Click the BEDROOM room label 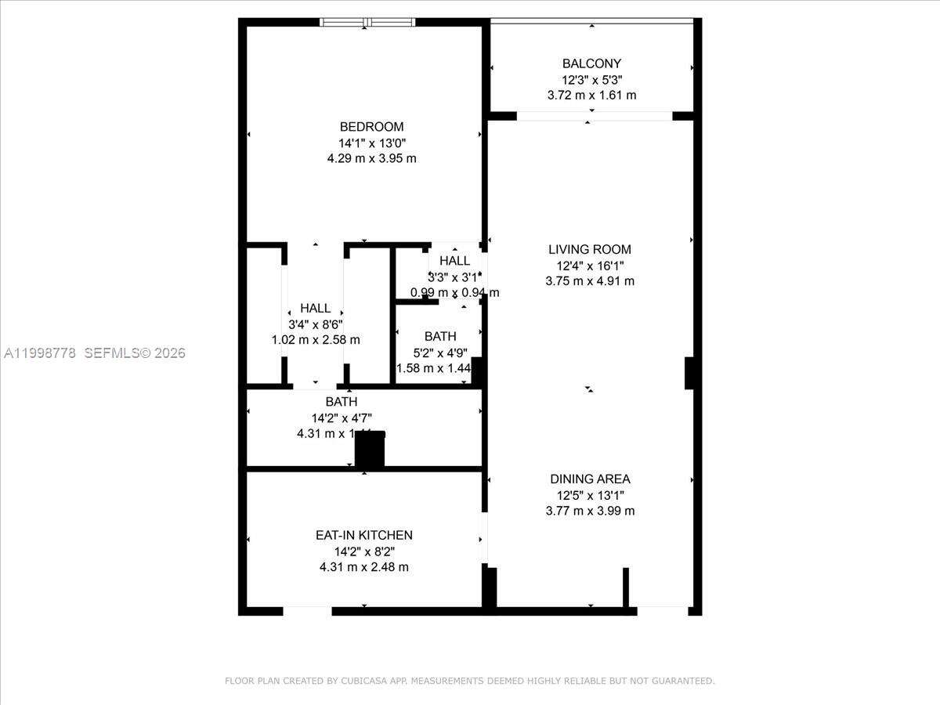pyautogui.click(x=371, y=127)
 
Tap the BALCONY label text pyautogui.click(x=591, y=63)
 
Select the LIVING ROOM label pyautogui.click(x=590, y=250)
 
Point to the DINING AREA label pyautogui.click(x=590, y=479)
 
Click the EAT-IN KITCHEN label pyautogui.click(x=363, y=536)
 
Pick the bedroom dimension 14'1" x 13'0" pyautogui.click(x=371, y=143)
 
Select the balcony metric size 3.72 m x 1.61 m pyautogui.click(x=591, y=96)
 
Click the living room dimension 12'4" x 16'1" pyautogui.click(x=590, y=266)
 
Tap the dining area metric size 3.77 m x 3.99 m pyautogui.click(x=590, y=512)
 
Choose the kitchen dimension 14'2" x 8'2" pyautogui.click(x=363, y=551)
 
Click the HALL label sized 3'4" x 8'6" pyautogui.click(x=315, y=309)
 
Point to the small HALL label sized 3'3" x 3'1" pyautogui.click(x=454, y=261)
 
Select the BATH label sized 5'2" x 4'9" pyautogui.click(x=440, y=337)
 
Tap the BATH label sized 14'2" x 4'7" pyautogui.click(x=342, y=402)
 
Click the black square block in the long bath pyautogui.click(x=370, y=450)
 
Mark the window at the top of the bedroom pyautogui.click(x=366, y=22)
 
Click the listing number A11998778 pyautogui.click(x=40, y=353)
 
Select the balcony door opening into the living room pyautogui.click(x=595, y=117)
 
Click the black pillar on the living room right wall pyautogui.click(x=689, y=373)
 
